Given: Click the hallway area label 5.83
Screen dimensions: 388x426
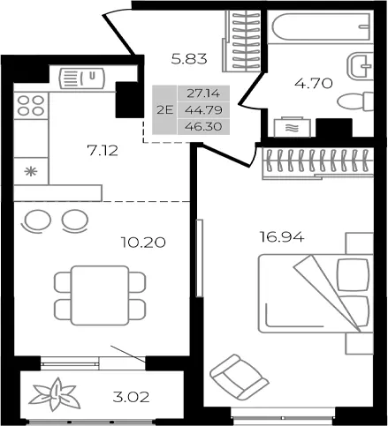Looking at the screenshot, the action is [189, 59].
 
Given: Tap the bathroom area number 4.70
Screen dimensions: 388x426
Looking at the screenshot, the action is [314, 84].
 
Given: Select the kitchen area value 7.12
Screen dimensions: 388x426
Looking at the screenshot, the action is [103, 151].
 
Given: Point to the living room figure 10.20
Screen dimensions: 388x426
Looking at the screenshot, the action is [143, 243].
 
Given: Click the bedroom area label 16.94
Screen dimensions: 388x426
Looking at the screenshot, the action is [282, 236].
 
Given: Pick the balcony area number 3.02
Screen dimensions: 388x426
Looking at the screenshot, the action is [132, 397].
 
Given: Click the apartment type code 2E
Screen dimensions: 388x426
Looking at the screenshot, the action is [164, 110].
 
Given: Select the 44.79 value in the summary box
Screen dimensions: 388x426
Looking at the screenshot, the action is [203, 110].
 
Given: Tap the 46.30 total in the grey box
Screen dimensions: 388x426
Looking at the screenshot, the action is [203, 126].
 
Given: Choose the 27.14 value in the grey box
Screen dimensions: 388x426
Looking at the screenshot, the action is [203, 93].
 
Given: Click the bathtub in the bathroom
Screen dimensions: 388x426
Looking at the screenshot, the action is [321, 26].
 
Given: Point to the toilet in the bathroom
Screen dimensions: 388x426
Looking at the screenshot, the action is [355, 101].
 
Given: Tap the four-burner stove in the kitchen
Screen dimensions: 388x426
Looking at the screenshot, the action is [31, 106].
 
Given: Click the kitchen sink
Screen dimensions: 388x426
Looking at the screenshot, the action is [82, 78].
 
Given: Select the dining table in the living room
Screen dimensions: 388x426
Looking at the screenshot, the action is [100, 295].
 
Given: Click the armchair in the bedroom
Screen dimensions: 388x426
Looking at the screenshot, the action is [239, 377].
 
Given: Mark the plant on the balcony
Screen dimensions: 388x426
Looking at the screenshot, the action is [55, 395].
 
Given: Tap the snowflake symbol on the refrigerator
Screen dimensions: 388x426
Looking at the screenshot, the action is [31, 171].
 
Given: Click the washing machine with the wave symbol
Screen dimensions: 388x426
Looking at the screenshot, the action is [293, 127].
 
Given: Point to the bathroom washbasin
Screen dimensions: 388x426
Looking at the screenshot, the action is [361, 67].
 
